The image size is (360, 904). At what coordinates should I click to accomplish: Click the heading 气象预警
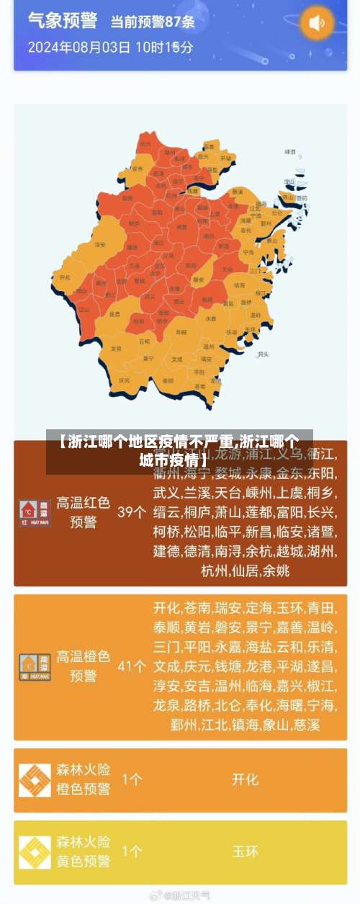coord(63,20)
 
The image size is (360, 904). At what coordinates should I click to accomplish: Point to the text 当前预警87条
coord(152,22)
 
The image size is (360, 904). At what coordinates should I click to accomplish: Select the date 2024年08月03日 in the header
coord(79,48)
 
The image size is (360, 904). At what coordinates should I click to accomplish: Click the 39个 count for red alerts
coord(132,511)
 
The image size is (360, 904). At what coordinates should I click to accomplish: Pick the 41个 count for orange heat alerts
coord(132,666)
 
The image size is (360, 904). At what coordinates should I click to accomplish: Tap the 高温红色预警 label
coord(83,512)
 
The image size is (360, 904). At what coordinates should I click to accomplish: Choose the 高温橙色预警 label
coord(83,666)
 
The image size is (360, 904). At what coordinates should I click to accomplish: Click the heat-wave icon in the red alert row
coord(35,512)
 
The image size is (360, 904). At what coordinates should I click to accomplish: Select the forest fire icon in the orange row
coord(35,780)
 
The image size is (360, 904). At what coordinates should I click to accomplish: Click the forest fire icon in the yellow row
coord(35,852)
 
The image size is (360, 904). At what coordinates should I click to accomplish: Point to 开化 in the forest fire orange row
coord(245,779)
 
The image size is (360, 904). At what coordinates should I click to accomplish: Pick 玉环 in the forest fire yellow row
coord(245,851)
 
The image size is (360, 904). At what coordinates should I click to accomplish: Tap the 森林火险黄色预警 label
coord(83,851)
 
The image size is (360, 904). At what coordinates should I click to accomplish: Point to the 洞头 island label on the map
coord(263,354)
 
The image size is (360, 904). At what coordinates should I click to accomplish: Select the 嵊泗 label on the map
coord(290,153)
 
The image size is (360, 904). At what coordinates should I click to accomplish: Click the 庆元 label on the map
coord(125,380)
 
